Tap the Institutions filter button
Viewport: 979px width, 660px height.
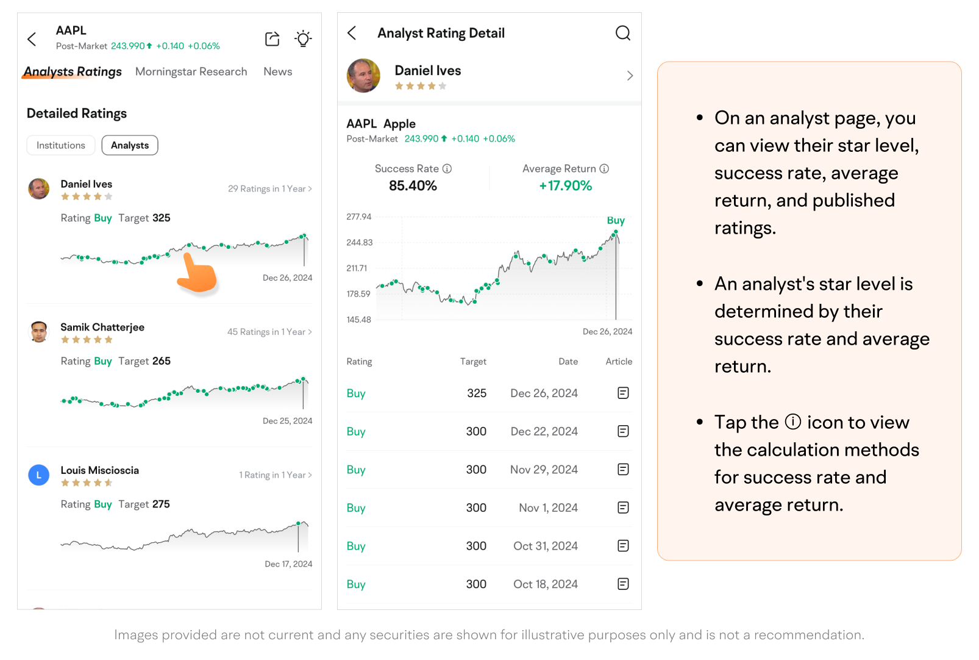(61, 145)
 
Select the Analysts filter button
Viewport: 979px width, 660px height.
(130, 145)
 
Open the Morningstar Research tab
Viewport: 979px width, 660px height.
(191, 72)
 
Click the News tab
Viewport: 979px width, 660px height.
(277, 72)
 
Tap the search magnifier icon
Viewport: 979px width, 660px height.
(622, 33)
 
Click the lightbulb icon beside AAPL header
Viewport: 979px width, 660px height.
(303, 39)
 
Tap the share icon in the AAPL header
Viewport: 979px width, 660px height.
(272, 39)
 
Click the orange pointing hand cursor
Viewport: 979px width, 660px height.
(197, 275)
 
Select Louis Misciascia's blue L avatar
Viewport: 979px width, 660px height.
(39, 475)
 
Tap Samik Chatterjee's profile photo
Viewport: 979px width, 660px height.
(39, 332)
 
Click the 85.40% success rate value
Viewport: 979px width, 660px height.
(413, 186)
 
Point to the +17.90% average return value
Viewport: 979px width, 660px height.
(565, 186)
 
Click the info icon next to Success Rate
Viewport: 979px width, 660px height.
(447, 169)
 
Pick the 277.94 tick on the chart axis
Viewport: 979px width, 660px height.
(358, 217)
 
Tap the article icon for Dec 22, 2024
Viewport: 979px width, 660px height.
(623, 431)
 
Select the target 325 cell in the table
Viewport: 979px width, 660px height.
(477, 393)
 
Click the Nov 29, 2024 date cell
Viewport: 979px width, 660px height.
(544, 470)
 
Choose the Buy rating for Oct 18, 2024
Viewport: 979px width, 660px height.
(356, 584)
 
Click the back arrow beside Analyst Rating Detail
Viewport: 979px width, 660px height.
(352, 33)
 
